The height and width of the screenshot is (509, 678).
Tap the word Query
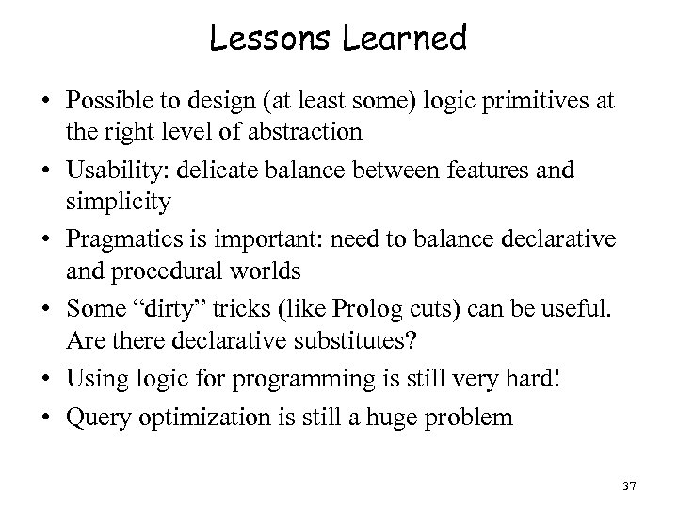[x=91, y=416]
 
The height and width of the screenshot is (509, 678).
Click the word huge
[x=412, y=416]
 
